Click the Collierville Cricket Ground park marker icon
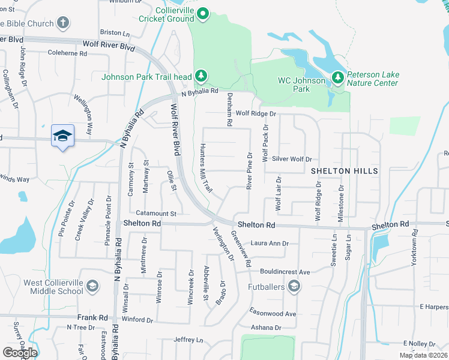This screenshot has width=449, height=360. coord(203,13)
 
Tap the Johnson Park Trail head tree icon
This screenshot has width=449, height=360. coord(202,76)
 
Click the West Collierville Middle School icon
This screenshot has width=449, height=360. coord(92,286)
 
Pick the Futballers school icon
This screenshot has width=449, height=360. coord(294,287)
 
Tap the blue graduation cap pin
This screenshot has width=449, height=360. coord(62,137)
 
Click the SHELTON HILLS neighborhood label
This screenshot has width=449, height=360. coord(345,171)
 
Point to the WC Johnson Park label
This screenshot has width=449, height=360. coord(294,85)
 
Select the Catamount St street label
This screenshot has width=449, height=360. coord(155,213)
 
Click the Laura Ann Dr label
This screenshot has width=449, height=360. coord(270,244)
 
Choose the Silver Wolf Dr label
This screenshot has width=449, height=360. coord(292,159)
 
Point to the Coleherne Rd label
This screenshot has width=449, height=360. coord(68,53)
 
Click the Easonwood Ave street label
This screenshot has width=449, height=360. coord(274,314)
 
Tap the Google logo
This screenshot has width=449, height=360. coord(20,352)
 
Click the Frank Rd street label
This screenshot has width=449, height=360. coord(92,317)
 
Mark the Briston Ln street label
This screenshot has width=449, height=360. coord(115,32)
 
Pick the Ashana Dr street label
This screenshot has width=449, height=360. coord(266,328)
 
